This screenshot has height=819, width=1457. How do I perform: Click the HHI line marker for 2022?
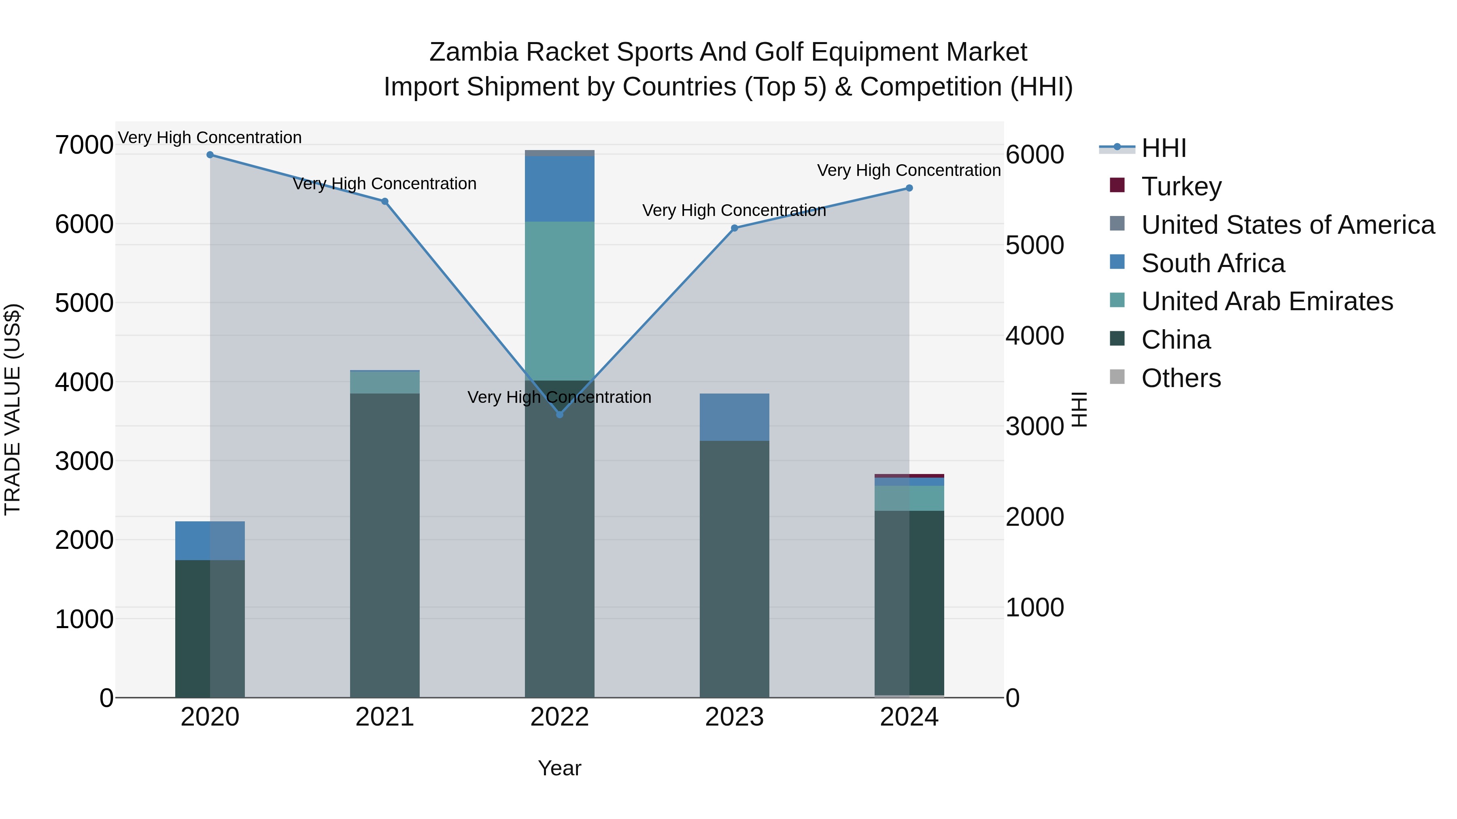559,414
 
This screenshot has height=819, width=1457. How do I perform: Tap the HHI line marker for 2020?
210,154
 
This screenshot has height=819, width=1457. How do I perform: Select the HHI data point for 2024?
909,188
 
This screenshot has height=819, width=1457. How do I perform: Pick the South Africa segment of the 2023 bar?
734,417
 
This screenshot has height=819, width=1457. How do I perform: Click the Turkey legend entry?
1181,186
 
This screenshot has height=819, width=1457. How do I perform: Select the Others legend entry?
1181,378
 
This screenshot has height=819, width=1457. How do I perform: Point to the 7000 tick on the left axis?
84,145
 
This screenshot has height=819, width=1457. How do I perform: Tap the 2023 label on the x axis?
734,717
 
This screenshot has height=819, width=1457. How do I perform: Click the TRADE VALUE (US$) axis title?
13,409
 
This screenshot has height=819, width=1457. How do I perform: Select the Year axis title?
559,768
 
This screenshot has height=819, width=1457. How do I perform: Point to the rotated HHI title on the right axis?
1079,409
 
